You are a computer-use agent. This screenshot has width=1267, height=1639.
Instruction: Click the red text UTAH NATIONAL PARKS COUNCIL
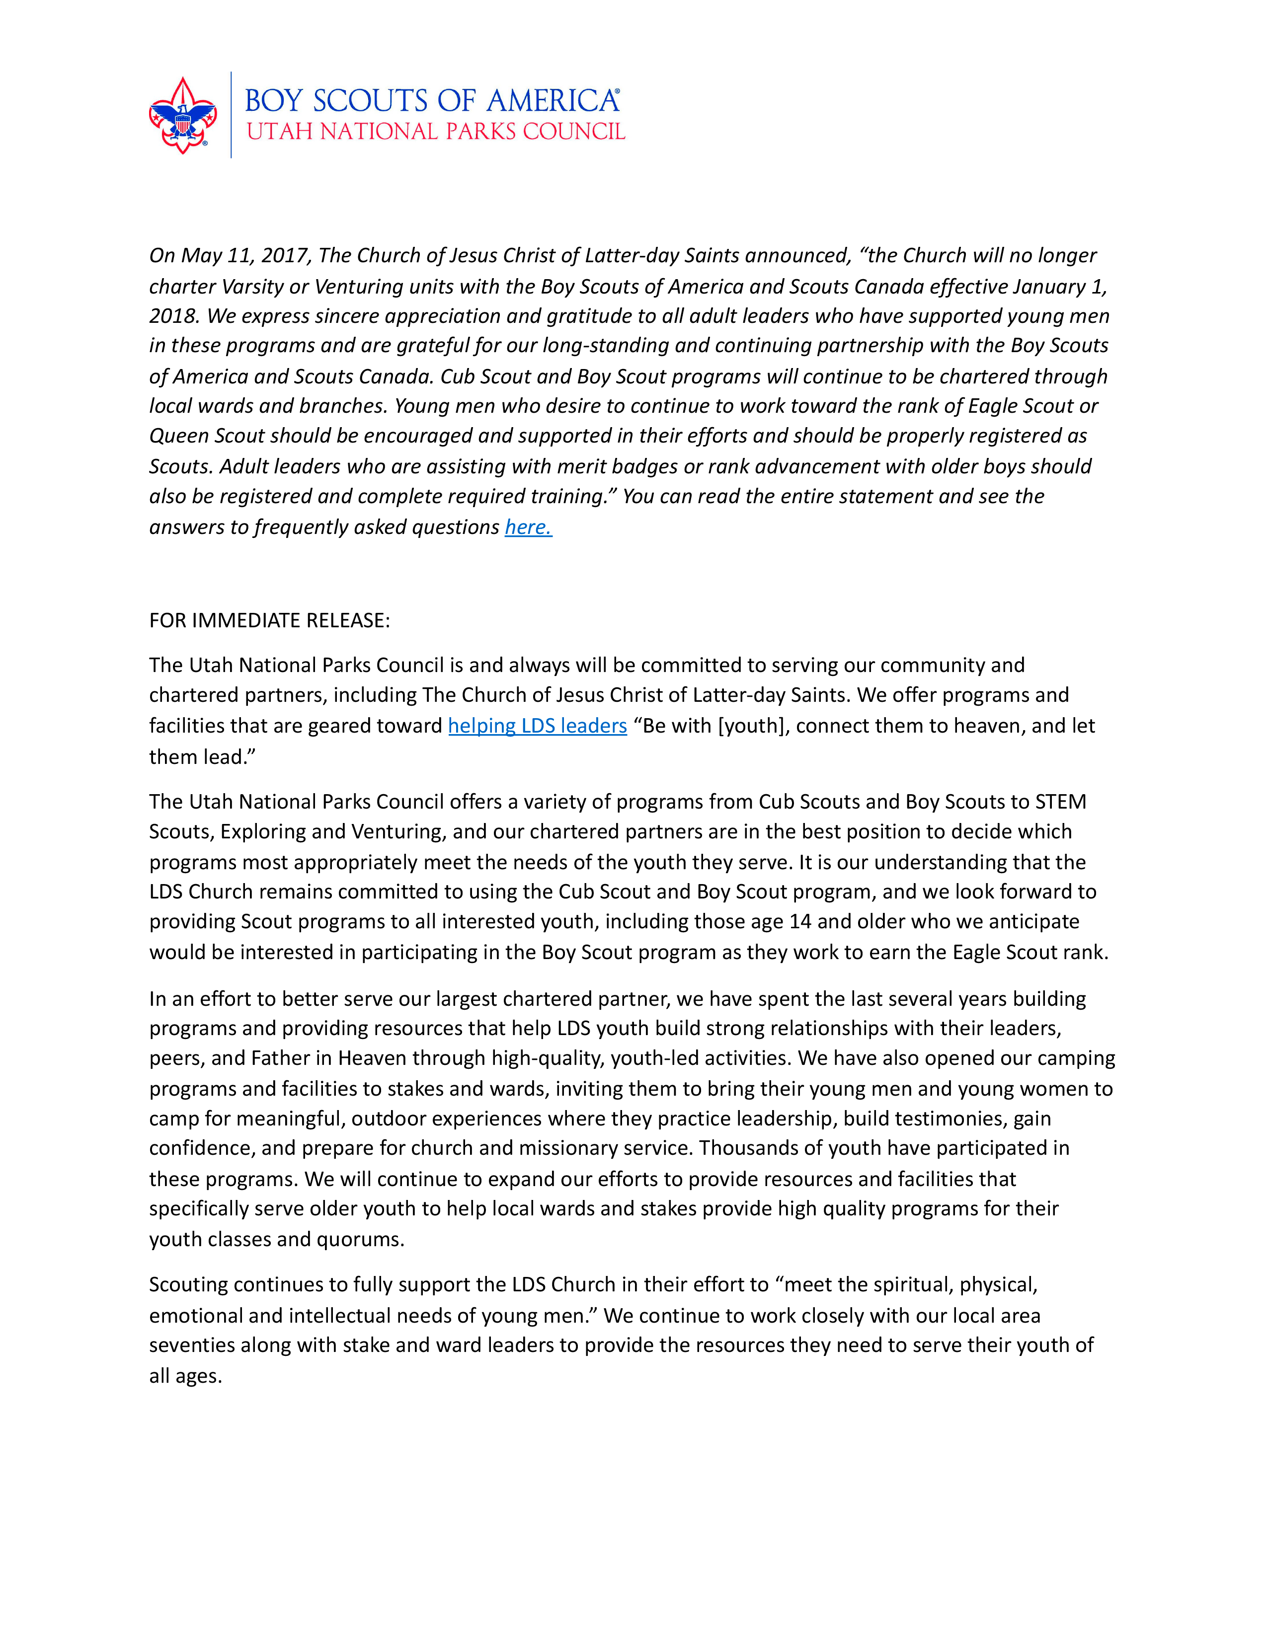(x=435, y=132)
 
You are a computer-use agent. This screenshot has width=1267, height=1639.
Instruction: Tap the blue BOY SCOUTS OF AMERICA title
(x=432, y=100)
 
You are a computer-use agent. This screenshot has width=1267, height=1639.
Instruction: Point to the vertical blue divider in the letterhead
(x=231, y=115)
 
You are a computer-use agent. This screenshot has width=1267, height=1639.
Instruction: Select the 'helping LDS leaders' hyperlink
(x=538, y=726)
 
